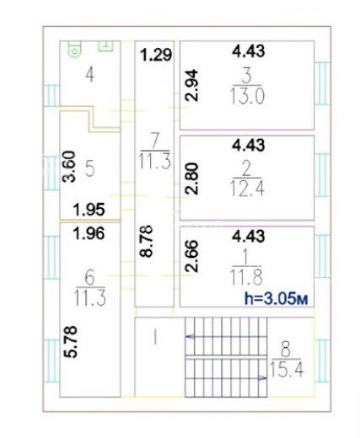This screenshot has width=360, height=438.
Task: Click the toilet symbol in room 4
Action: tap(74, 49)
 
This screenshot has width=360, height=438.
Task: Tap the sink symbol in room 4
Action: tap(105, 46)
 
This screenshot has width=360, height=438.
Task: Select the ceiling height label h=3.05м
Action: tap(277, 299)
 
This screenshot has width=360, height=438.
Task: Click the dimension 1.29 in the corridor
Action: tap(156, 55)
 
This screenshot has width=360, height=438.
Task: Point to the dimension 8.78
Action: tap(147, 241)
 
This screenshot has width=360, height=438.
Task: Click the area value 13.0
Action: tap(247, 96)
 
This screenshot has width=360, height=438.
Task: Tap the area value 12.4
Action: tap(247, 188)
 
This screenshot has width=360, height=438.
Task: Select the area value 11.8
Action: tap(246, 277)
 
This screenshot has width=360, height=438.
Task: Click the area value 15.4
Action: tap(287, 369)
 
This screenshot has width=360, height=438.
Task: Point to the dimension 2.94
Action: tap(192, 86)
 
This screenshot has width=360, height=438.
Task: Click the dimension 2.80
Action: tap(192, 179)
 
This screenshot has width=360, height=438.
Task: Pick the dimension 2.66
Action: tap(192, 256)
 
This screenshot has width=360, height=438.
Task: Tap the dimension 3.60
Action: tap(69, 167)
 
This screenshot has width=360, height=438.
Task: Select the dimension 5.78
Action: tap(70, 342)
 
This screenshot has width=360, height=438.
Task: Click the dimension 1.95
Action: tap(89, 210)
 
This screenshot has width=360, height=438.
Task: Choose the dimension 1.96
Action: tap(89, 233)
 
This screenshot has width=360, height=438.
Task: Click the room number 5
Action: tap(89, 169)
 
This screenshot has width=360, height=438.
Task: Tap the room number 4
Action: tap(90, 75)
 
